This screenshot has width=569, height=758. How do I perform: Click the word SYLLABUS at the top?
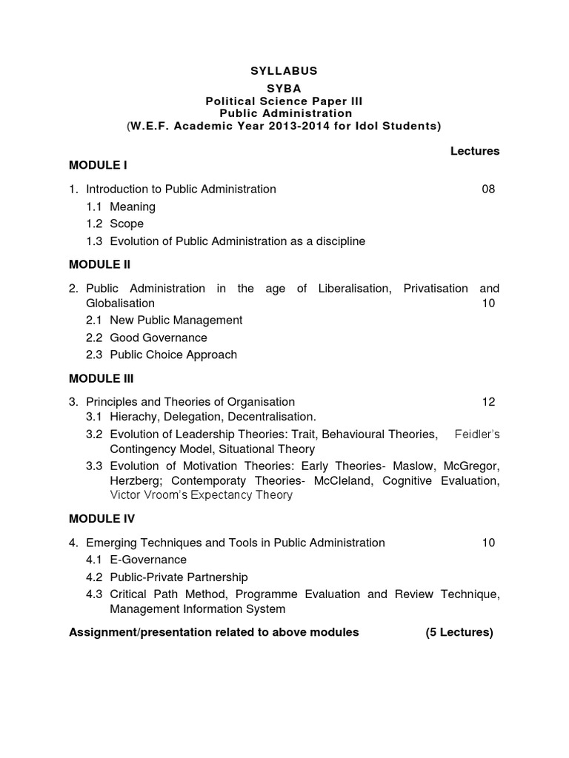(x=284, y=71)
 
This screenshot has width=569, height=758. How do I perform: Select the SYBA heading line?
(x=284, y=88)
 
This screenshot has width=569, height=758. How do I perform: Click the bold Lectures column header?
(x=475, y=151)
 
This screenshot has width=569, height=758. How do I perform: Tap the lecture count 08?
(x=488, y=189)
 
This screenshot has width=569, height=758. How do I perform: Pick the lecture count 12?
(x=488, y=402)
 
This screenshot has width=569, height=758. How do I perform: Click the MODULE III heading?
(x=102, y=378)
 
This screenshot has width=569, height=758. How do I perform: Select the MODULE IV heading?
(x=102, y=519)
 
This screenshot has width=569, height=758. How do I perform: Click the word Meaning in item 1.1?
(x=133, y=207)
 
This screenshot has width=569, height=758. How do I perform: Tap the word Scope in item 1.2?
(x=127, y=224)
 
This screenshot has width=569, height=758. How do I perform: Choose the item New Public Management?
(x=176, y=321)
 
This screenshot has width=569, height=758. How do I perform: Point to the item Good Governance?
(x=159, y=338)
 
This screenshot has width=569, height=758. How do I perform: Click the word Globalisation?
(x=120, y=303)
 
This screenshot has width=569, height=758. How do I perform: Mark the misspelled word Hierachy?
(x=133, y=417)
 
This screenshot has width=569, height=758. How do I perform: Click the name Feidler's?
(x=477, y=435)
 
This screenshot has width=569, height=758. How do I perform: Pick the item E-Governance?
(x=148, y=560)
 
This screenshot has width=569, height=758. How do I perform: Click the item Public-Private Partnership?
(x=179, y=577)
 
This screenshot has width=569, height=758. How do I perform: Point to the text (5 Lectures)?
(x=459, y=632)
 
